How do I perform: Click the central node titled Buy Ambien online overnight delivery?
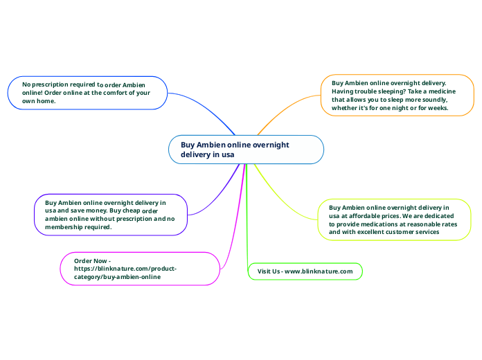coord(246,150)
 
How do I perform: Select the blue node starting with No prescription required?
coord(87,93)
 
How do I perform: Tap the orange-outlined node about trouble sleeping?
coord(397,96)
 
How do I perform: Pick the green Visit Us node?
coord(305,271)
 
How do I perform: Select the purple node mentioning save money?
coord(111,214)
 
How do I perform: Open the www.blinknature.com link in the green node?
coord(319,271)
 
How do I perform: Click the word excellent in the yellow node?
coord(377,233)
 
